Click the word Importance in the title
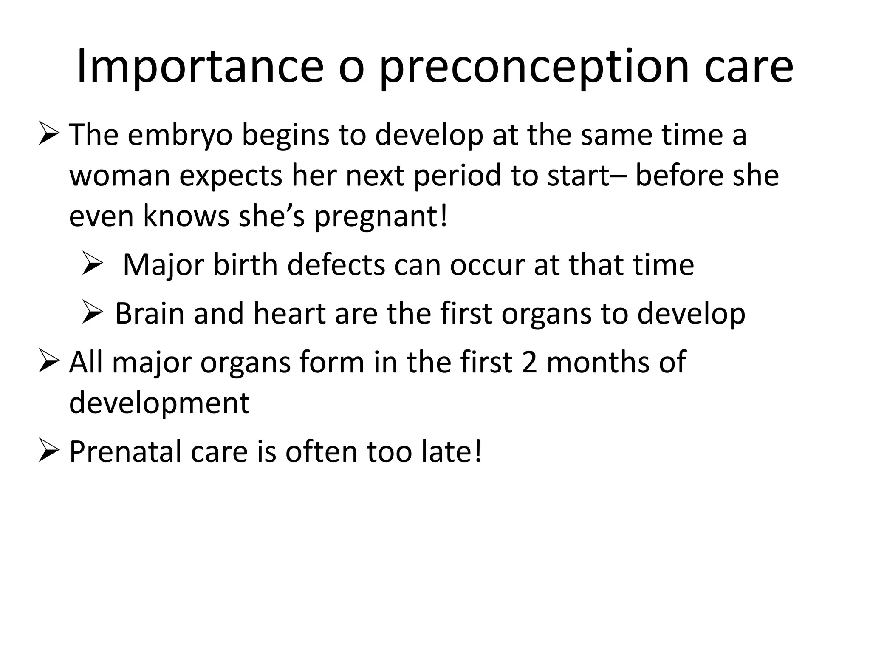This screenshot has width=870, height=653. pos(200,67)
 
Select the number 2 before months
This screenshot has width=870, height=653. pos(529,363)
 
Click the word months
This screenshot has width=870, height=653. pos(598,363)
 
